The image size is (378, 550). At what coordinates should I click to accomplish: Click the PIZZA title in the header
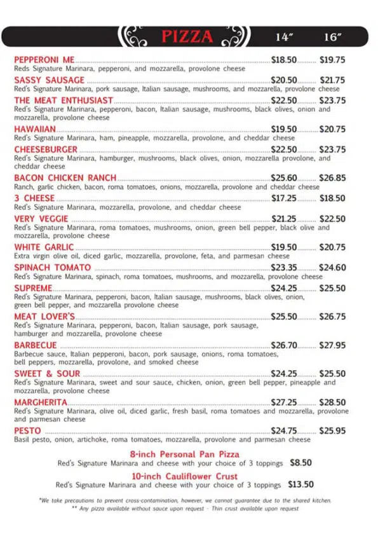[187, 37]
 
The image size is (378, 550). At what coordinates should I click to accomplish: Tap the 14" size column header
[283, 37]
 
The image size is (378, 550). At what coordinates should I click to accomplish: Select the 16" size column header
[332, 37]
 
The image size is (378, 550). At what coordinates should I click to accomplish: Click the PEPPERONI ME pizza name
[44, 60]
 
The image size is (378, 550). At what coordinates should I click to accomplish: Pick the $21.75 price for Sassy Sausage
[332, 80]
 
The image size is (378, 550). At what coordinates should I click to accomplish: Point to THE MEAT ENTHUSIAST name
[64, 100]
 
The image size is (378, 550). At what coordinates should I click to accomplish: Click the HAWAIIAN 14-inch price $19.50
[284, 129]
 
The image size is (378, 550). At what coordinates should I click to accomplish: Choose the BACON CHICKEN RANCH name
[65, 178]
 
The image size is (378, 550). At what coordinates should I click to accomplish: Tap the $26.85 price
[332, 178]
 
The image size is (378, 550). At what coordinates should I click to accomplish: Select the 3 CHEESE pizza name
[34, 198]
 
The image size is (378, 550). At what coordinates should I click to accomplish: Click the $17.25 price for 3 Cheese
[284, 198]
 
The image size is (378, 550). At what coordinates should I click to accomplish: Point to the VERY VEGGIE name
[41, 219]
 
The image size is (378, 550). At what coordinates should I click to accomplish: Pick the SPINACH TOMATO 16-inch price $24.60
[332, 268]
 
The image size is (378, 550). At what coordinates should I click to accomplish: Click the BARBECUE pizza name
[36, 345]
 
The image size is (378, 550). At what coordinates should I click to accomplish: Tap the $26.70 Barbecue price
[284, 345]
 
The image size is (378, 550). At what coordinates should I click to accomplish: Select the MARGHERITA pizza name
[41, 402]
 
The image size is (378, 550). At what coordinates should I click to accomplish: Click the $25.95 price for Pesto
[332, 431]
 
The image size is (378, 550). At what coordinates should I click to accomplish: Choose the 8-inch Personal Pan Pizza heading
[185, 455]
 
